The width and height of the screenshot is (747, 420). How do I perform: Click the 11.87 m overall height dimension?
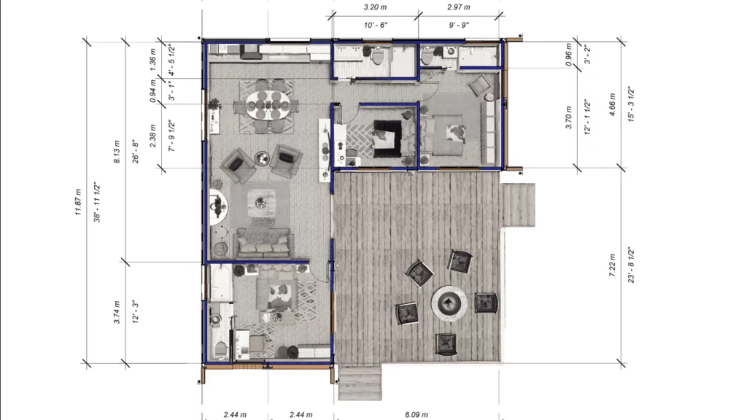[78, 203]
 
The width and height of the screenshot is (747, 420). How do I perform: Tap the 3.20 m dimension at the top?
[376, 7]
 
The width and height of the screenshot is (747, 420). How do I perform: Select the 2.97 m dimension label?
[459, 7]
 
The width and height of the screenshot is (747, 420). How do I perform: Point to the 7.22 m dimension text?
[612, 265]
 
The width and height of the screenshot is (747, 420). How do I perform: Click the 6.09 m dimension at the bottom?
[417, 415]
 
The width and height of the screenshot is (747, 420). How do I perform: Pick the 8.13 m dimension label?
[117, 152]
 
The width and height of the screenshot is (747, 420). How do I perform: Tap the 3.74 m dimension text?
[117, 312]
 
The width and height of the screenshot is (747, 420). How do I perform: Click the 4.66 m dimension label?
[612, 104]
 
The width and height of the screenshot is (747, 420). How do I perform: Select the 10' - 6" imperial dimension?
[376, 25]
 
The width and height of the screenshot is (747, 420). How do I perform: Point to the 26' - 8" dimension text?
[136, 152]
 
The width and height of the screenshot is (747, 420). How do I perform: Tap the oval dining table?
[267, 105]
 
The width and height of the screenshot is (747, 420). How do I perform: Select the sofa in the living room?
[264, 243]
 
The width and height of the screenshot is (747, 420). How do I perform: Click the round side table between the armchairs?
[262, 158]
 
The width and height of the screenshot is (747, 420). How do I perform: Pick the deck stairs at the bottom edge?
[360, 383]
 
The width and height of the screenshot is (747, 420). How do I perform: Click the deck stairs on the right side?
[518, 205]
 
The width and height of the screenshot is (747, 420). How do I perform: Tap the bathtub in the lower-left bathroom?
[220, 283]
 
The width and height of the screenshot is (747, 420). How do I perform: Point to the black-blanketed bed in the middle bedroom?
[387, 139]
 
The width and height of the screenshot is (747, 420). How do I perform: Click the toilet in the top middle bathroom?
[378, 55]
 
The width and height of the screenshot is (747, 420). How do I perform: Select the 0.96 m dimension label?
[568, 54]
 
